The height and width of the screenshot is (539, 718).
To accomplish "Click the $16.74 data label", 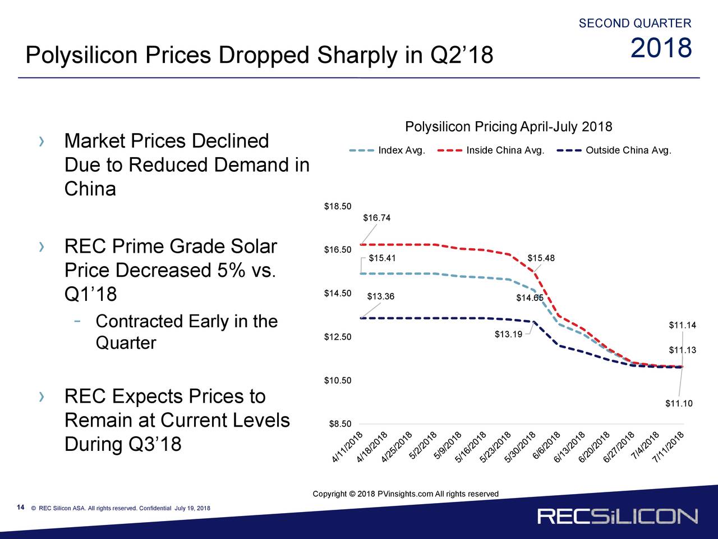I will [376, 218].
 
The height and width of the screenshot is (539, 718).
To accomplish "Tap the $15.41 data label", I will [382, 258].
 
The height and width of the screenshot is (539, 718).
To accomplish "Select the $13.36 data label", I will [380, 297].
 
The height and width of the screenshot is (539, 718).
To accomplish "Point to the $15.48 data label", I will [541, 258].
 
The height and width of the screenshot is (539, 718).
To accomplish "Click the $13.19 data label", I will [508, 335].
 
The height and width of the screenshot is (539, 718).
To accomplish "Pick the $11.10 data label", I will [679, 404].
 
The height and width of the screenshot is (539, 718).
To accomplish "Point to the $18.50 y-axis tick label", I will [338, 207].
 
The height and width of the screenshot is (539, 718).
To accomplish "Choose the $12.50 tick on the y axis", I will [338, 337].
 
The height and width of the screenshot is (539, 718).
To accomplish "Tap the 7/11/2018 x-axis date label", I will [668, 448].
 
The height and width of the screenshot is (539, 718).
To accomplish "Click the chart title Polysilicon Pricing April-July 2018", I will [508, 126].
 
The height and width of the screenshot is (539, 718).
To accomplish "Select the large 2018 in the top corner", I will [661, 49].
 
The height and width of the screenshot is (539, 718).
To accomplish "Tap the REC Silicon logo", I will [618, 517].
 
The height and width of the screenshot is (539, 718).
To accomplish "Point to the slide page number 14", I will [20, 508].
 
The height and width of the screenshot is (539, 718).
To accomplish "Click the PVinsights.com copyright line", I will [406, 494].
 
